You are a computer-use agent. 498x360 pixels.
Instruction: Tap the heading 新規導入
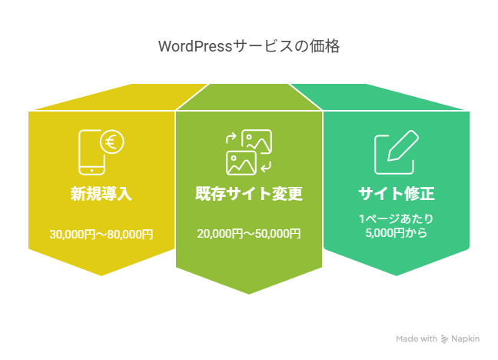pos(101,194)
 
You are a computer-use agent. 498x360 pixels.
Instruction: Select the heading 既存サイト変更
pos(249,194)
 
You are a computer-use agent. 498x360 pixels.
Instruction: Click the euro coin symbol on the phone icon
pos(112,142)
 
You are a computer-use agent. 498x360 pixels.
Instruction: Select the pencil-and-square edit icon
pos(395,153)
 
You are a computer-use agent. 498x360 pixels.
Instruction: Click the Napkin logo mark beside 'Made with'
pos(445,339)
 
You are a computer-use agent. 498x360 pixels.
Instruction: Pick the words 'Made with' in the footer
pos(417,339)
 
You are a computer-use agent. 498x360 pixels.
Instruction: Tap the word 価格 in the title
pos(327,47)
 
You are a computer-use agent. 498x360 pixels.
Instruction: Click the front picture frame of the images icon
pos(241,162)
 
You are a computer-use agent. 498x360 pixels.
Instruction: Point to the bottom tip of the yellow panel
pos(102,275)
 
